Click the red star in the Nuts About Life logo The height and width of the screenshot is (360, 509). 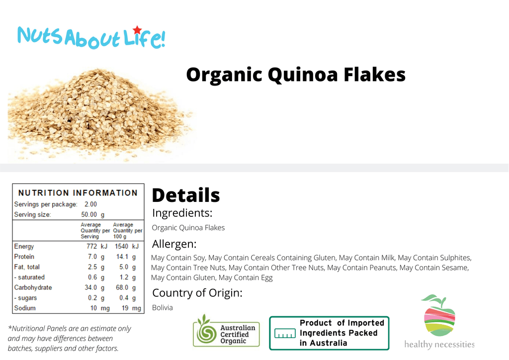137,30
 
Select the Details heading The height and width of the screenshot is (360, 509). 186,195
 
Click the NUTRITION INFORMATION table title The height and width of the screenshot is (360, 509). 78,193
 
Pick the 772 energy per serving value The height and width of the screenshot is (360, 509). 92,247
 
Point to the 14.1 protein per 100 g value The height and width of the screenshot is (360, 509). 122,257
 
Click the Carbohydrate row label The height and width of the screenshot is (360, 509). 33,287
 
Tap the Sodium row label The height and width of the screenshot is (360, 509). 25,308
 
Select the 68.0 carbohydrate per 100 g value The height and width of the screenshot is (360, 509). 122,287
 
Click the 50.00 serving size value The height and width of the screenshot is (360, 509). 89,215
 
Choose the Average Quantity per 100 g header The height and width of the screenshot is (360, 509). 128,231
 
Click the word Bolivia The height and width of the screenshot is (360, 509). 163,308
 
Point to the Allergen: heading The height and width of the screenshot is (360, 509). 174,244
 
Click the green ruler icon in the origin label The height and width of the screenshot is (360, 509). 285,333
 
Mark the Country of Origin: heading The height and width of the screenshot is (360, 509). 197,293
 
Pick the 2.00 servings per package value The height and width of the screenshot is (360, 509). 90,204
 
